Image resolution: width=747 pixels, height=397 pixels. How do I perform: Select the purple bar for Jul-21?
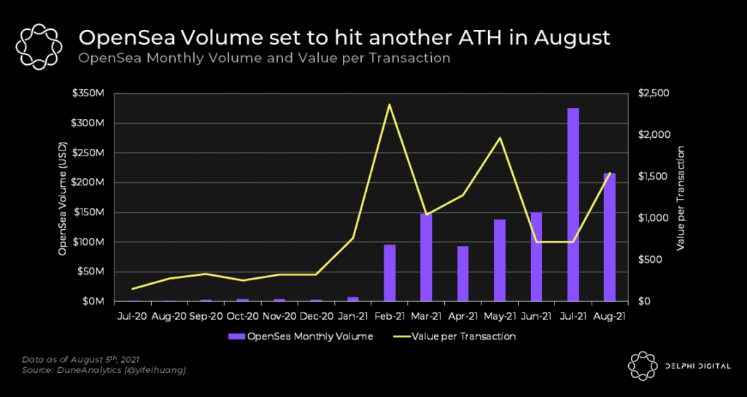tap(573, 204)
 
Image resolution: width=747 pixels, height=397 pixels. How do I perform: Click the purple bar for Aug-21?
tap(609, 237)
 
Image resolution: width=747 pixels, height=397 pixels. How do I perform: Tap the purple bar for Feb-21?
tap(390, 273)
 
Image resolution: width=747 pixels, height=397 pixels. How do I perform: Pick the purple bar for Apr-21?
tap(462, 274)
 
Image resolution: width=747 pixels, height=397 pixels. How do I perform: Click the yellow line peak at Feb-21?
tap(390, 104)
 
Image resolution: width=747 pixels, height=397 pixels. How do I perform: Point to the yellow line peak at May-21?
tap(500, 138)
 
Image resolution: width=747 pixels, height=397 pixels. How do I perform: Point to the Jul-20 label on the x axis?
tap(132, 317)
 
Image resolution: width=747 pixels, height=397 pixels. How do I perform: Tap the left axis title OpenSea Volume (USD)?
tap(63, 198)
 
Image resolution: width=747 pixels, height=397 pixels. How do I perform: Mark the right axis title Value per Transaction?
tap(681, 198)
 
